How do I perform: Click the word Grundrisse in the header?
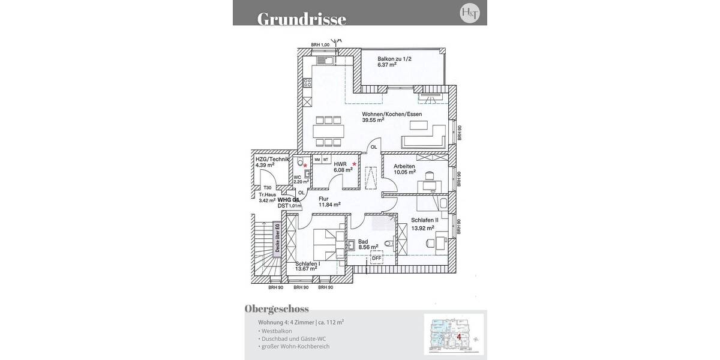point(301,19)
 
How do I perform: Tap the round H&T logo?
point(469,13)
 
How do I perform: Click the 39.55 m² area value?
point(373,120)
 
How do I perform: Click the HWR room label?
point(340,163)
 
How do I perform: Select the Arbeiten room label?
point(404,166)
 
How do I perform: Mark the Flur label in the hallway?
point(325,198)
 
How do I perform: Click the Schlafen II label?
point(424,220)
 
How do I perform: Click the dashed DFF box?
point(376,259)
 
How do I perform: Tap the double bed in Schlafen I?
point(326,244)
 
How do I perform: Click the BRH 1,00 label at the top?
point(320,45)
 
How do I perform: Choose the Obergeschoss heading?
point(277,309)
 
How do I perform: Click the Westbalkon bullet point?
point(275,331)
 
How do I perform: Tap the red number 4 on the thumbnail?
point(458,337)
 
